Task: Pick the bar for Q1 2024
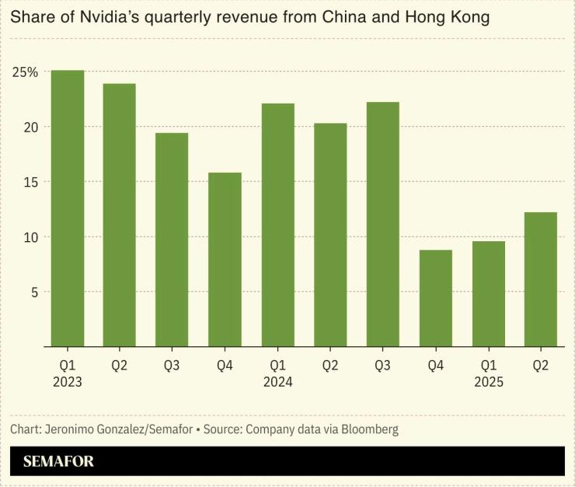pos(277,225)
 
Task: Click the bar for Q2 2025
pos(540,279)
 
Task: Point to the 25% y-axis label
pos(25,72)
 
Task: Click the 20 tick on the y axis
pos(30,127)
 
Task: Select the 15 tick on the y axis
pos(30,182)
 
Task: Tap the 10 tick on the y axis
pos(30,237)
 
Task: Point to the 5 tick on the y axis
pos(33,292)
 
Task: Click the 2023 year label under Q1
pos(67,382)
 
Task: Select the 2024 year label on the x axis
pos(277,382)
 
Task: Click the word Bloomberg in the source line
pos(368,429)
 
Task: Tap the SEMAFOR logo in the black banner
pos(58,461)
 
